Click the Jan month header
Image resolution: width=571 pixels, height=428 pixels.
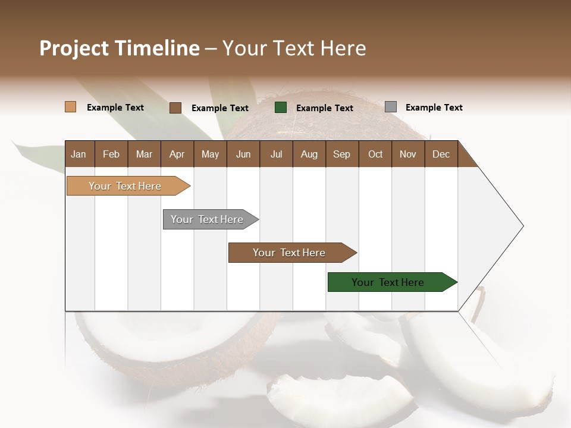pos(79,154)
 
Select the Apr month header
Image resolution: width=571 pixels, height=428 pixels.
pos(177,154)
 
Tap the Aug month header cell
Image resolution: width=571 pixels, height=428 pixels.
pos(309,154)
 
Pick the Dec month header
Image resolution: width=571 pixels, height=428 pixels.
pos(441,154)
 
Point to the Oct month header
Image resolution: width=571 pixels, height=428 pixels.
pos(375,154)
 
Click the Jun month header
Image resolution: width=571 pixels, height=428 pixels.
pos(243,154)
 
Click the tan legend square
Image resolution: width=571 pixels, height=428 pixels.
pos(71,107)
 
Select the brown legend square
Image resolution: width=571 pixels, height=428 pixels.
pos(175,108)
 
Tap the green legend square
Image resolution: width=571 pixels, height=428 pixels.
pos(281,108)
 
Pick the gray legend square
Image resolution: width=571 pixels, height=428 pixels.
pos(391,107)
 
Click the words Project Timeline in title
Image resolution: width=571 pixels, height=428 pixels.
pos(120,48)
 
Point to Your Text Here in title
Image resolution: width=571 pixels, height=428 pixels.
pos(294,48)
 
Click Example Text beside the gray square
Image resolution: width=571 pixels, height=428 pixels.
pos(434,108)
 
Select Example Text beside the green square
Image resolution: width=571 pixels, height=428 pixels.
pos(324,108)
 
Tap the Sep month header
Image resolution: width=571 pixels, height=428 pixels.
pos(342,154)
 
